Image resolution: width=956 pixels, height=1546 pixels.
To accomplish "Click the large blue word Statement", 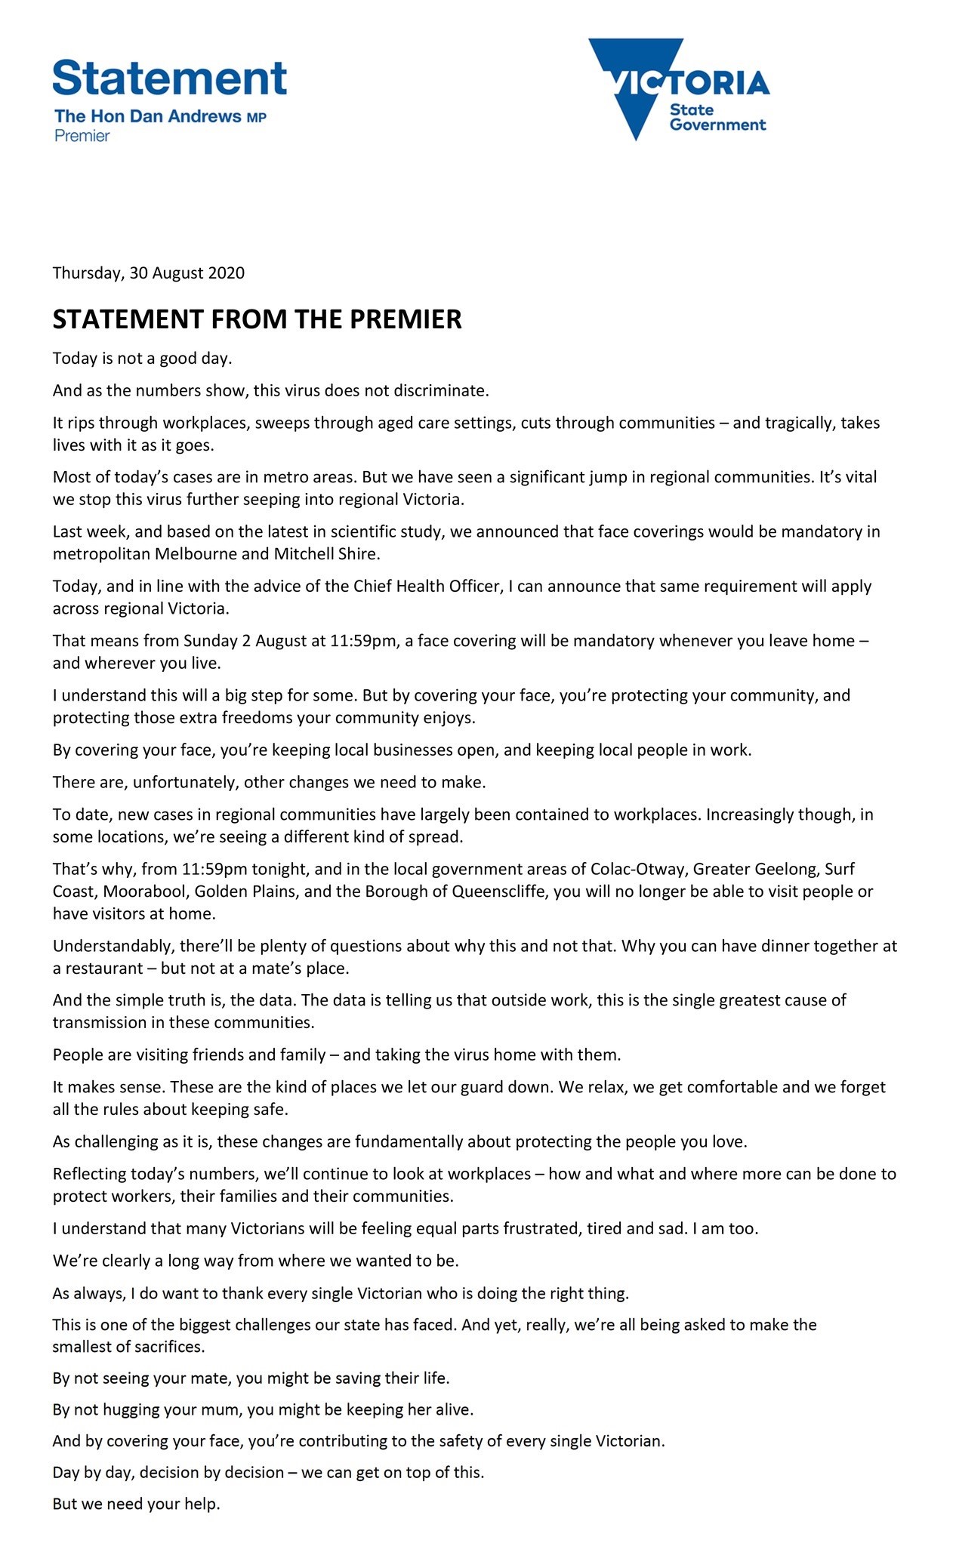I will (170, 78).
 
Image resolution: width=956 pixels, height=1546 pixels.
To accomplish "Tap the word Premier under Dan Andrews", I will (82, 136).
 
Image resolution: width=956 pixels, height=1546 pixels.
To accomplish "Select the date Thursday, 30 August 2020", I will (148, 273).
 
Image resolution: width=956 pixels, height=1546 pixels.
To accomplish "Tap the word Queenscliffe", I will (500, 892).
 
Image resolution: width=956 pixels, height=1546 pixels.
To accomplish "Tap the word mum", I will (208, 1409).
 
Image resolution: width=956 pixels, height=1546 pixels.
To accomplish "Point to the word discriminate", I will (446, 391).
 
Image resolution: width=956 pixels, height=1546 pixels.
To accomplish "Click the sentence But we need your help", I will (136, 1504).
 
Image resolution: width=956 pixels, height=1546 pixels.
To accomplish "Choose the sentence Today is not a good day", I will (142, 359).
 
